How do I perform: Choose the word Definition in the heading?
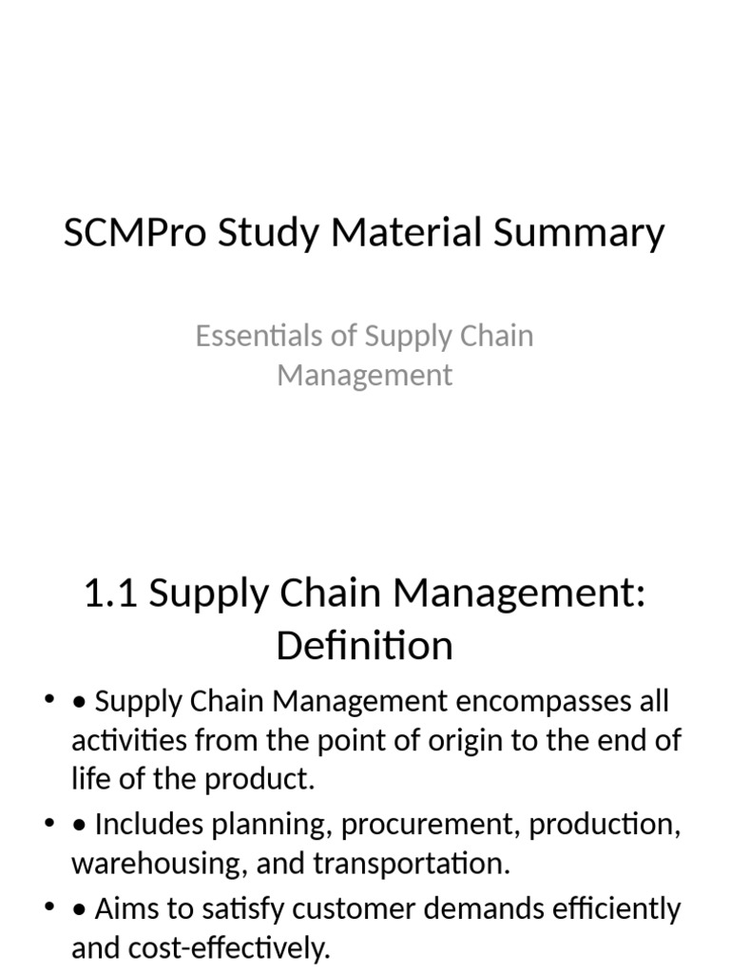[365, 647]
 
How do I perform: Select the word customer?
[351, 908]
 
